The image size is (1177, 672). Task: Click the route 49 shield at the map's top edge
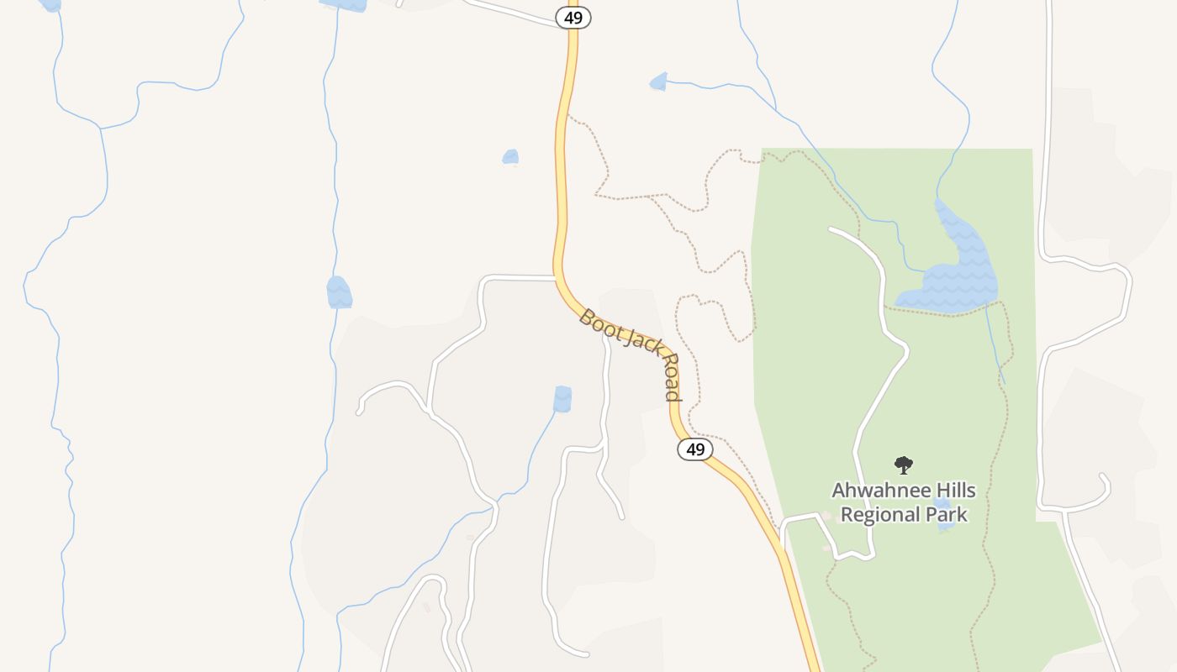573,17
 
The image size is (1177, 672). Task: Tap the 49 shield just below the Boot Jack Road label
695,449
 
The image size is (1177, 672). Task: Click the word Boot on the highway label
599,323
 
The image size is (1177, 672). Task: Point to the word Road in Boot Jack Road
671,376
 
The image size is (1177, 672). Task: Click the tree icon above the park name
904,465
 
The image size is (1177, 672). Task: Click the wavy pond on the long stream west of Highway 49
339,292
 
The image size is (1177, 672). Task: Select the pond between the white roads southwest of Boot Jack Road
562,398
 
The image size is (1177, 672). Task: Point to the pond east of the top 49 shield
658,81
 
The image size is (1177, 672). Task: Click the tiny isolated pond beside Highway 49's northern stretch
510,157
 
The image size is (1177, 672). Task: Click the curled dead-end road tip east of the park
1101,476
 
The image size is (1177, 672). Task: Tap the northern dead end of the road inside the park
831,228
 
